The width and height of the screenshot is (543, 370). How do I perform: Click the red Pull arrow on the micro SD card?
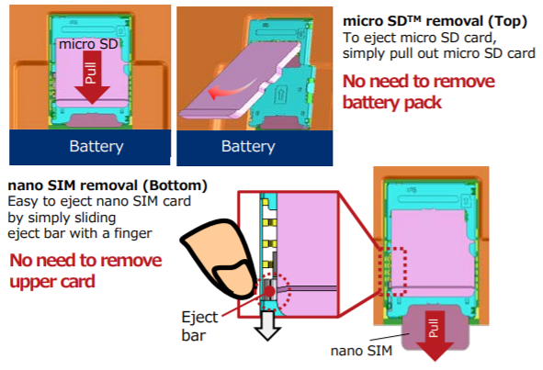pos(92,77)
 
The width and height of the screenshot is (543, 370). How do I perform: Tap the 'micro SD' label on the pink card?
pos(88,44)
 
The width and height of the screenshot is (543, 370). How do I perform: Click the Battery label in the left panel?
pos(96,146)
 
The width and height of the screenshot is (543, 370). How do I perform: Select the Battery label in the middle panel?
pos(248,146)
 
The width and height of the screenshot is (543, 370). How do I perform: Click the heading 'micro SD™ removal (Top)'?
pos(435,21)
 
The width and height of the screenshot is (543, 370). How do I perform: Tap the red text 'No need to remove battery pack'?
pos(419,92)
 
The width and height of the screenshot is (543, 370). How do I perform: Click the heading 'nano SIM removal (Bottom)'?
pos(107,185)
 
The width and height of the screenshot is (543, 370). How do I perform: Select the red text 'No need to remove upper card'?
pos(85,271)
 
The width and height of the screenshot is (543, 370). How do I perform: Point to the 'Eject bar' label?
pos(199,326)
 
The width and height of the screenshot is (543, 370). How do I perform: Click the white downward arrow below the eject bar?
pos(267,325)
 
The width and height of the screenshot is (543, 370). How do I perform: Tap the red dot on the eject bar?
pos(269,291)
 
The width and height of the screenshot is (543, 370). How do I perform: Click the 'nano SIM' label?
pos(361,351)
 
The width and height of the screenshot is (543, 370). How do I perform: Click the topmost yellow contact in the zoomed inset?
pos(266,201)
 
